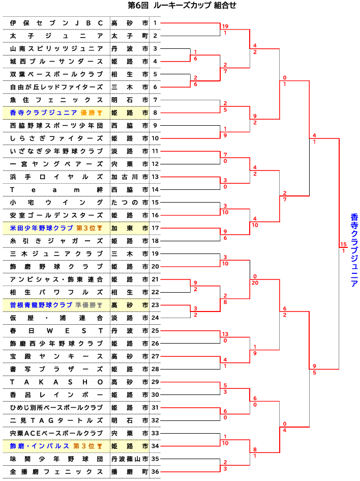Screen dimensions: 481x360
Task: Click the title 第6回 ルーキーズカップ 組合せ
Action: tap(182, 6)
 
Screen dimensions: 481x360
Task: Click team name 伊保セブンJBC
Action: tap(56, 23)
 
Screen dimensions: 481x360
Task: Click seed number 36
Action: tap(155, 472)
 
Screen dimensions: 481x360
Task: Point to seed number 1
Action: tap(155, 23)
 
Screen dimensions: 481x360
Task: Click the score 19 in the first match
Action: tap(225, 26)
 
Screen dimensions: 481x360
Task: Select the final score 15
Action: tap(344, 245)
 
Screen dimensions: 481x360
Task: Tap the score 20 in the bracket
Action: tap(256, 282)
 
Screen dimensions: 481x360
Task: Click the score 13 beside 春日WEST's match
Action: tap(225, 334)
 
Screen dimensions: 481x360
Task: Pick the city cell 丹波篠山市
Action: tap(130, 459)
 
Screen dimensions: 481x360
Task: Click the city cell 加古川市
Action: tap(130, 177)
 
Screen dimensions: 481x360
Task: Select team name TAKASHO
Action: tap(56, 382)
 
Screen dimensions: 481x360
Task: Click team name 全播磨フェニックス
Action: tap(56, 472)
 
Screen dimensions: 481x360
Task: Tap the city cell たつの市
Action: tap(130, 203)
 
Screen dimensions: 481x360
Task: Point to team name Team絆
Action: tap(56, 189)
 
